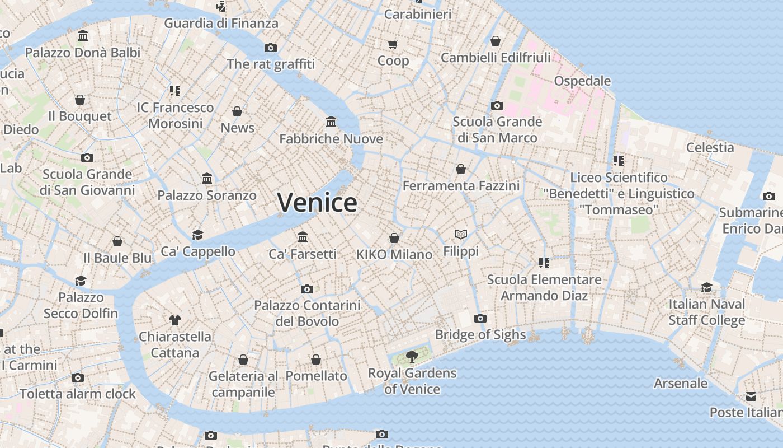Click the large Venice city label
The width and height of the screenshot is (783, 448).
pos(317,202)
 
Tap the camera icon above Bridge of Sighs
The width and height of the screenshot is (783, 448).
pos(480,319)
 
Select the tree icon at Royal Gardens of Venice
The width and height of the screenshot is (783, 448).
pos(412,356)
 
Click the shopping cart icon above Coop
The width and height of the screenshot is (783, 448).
pos(393,44)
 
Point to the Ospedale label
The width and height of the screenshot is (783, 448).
pos(582,81)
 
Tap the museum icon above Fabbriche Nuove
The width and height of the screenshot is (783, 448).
pos(331,122)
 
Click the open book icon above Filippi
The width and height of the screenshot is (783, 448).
pos(461,234)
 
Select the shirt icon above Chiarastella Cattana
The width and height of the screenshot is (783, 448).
pos(175,320)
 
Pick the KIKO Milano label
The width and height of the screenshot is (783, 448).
pos(394,254)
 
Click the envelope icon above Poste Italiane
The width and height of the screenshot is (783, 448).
pos(751,396)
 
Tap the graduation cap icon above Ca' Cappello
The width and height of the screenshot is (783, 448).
pos(197,235)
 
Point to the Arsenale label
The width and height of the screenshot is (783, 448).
pos(681,384)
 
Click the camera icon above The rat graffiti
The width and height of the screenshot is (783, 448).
pos(271,48)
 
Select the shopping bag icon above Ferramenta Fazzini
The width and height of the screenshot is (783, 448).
pos(461,169)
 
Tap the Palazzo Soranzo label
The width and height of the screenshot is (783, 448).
pos(207,195)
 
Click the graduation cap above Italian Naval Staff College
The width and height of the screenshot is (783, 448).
pos(707,288)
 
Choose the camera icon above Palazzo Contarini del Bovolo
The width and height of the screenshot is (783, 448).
pos(307,290)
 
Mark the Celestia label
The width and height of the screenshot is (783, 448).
pos(710,147)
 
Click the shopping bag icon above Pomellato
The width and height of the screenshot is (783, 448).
pos(316,360)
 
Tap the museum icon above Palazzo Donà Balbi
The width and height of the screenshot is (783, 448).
pos(83,36)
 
